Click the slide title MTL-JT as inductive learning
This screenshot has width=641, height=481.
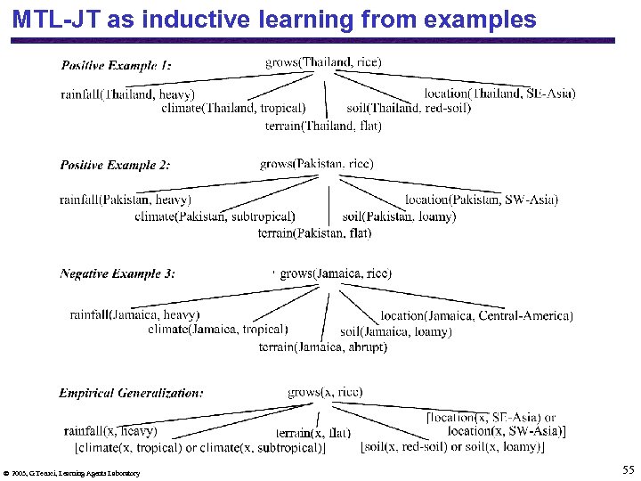click(274, 19)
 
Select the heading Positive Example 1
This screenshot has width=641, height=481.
click(116, 65)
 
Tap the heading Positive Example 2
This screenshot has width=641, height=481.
click(116, 165)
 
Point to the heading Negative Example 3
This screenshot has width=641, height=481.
click(118, 273)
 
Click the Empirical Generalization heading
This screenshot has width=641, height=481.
click(131, 392)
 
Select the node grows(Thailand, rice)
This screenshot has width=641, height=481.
click(323, 61)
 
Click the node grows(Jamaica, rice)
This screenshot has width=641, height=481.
click(335, 273)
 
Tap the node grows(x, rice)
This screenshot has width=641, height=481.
click(324, 392)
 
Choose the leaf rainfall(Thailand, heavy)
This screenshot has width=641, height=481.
click(127, 94)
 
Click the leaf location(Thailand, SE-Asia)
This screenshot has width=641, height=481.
click(499, 94)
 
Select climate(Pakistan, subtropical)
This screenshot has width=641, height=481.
click(215, 216)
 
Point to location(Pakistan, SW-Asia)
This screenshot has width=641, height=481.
click(482, 200)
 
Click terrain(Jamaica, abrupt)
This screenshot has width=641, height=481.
click(322, 347)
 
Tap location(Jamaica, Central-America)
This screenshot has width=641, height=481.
click(476, 315)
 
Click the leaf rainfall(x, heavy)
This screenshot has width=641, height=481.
click(110, 431)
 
